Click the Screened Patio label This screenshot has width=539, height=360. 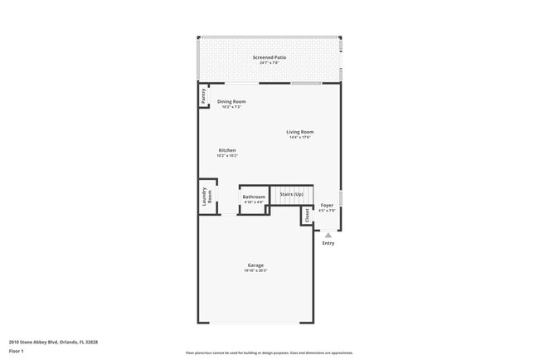pyautogui.click(x=269, y=57)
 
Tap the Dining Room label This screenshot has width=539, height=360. pyautogui.click(x=231, y=101)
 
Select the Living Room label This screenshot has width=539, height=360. pyautogui.click(x=300, y=132)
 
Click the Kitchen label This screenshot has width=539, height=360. pyautogui.click(x=227, y=150)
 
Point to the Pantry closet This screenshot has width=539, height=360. pyautogui.click(x=203, y=96)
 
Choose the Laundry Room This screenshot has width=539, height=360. pyautogui.click(x=207, y=197)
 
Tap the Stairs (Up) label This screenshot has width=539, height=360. pyautogui.click(x=291, y=194)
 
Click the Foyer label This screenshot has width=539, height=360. pyautogui.click(x=328, y=205)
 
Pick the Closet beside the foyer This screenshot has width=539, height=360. pyautogui.click(x=307, y=215)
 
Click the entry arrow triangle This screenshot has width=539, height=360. pyautogui.click(x=328, y=235)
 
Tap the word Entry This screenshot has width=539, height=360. pyautogui.click(x=328, y=243)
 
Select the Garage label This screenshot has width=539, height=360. pyautogui.click(x=255, y=265)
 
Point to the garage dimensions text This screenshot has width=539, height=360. pyautogui.click(x=255, y=270)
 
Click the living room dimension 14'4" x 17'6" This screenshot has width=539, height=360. pyautogui.click(x=300, y=137)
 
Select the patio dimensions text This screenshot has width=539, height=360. pyautogui.click(x=269, y=62)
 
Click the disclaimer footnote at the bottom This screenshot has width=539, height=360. pyautogui.click(x=269, y=353)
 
